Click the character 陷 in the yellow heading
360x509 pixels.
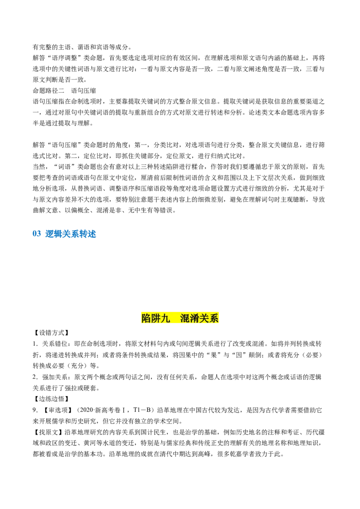click(x=147, y=319)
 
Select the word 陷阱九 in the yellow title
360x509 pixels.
click(x=156, y=319)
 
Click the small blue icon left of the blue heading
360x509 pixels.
click(x=37, y=234)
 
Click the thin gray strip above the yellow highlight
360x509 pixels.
click(x=180, y=310)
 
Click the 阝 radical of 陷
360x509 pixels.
click(x=144, y=319)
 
